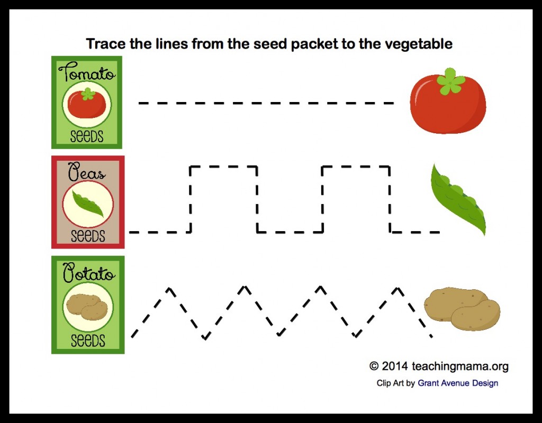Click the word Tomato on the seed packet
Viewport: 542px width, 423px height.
(87, 72)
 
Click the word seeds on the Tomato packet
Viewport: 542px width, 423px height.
(87, 136)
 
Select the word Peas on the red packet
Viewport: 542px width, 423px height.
(86, 172)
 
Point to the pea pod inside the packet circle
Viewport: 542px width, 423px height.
(88, 204)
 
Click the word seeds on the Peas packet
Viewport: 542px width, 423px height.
(88, 236)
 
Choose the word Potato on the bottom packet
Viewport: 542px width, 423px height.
(88, 272)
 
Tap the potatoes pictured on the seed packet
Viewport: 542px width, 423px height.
(87, 307)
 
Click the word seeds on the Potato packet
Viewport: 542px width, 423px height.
(88, 341)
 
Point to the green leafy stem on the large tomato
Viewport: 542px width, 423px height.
(450, 81)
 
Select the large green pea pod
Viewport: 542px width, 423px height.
(458, 199)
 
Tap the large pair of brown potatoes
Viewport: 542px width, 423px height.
(462, 309)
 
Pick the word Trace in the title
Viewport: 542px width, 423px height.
(106, 44)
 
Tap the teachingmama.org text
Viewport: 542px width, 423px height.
(460, 366)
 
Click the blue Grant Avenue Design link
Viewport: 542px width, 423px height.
(458, 383)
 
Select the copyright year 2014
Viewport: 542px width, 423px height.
(395, 366)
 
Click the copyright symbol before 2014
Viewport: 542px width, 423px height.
(374, 366)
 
